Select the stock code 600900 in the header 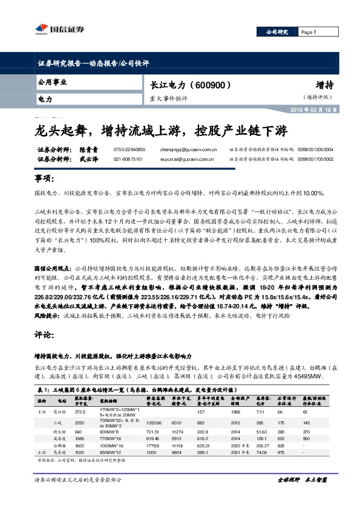tap(212, 85)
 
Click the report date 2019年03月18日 tap(315, 109)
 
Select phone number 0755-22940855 tap(129, 149)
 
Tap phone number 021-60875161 tap(128, 159)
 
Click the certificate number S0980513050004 tap(316, 149)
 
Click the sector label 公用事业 tap(53, 81)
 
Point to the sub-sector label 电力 tap(45, 97)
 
